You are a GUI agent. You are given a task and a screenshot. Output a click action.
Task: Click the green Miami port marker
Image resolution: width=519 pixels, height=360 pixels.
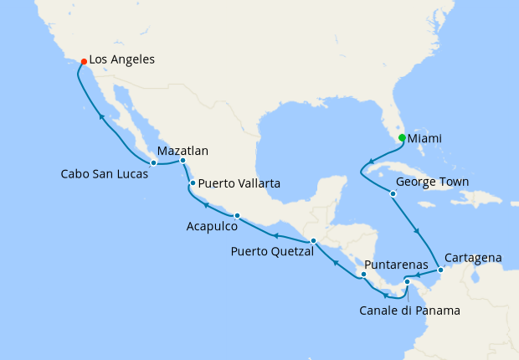[402, 138]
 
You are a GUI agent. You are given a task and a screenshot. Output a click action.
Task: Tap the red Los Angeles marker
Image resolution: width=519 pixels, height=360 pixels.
[82, 61]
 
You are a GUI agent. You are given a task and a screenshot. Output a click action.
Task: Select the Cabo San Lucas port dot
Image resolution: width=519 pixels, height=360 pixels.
[154, 162]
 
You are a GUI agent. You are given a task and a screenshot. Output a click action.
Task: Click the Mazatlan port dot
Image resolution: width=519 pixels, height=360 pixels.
[182, 160]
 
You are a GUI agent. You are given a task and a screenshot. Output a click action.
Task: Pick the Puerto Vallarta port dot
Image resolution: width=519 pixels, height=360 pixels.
[193, 183]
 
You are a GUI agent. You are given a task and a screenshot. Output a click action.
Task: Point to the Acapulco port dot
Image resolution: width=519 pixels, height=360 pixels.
[237, 215]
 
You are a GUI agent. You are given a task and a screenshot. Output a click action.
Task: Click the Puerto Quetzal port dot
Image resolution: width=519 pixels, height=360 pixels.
[313, 241]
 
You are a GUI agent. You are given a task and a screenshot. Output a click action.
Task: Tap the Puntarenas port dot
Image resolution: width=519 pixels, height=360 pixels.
[363, 275]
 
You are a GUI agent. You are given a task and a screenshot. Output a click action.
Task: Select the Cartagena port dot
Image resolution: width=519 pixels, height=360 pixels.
[440, 270]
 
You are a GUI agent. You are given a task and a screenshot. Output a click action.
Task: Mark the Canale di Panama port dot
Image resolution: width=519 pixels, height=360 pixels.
[407, 281]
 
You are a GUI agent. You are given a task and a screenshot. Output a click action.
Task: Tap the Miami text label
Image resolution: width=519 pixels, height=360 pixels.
[425, 138]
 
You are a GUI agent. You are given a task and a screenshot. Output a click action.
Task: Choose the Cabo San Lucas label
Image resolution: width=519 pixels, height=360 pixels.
[104, 174]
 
